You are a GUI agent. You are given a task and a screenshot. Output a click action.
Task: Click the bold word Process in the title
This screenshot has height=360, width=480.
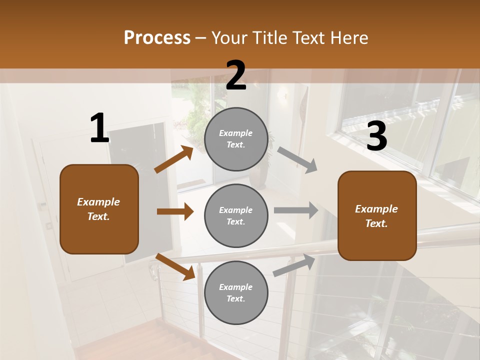pyautogui.click(x=157, y=38)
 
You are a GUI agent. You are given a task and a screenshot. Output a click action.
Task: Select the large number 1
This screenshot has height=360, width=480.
pyautogui.click(x=99, y=129)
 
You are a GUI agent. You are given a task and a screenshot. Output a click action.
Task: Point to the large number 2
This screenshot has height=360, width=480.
pyautogui.click(x=236, y=75)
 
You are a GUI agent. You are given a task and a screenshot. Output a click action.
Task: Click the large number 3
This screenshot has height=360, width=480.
pyautogui.click(x=376, y=136)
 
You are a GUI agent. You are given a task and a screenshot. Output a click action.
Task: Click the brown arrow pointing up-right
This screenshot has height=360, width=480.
pyautogui.click(x=174, y=159)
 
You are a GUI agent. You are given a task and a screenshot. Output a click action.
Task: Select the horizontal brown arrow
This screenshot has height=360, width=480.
pyautogui.click(x=175, y=211)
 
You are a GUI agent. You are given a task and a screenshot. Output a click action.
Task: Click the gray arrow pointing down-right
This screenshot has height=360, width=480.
pyautogui.click(x=297, y=160)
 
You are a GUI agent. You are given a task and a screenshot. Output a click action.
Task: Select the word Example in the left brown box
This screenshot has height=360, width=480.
pyautogui.click(x=98, y=202)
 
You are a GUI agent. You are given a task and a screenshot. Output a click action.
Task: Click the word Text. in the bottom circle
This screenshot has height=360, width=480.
pyautogui.click(x=235, y=298)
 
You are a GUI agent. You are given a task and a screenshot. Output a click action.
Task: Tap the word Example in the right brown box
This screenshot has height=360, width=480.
pyautogui.click(x=376, y=209)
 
